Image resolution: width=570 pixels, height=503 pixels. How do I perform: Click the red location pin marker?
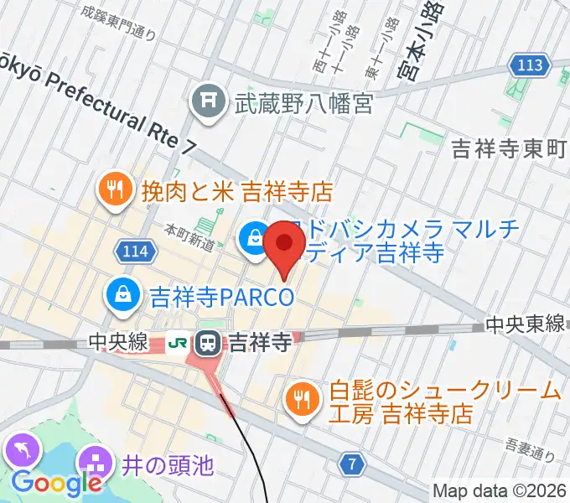pos(285,246)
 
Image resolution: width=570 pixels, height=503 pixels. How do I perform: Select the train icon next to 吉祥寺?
pos(206,342)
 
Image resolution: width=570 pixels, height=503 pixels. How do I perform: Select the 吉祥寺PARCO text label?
pos(221,296)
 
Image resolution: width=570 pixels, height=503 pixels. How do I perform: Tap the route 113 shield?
pos(530,65)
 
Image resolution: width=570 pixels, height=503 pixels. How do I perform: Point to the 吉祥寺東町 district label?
pos(509,149)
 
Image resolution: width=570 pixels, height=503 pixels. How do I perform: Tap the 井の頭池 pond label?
pos(166,464)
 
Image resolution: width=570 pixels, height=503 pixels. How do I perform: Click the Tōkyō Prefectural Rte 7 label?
pos(101,106)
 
